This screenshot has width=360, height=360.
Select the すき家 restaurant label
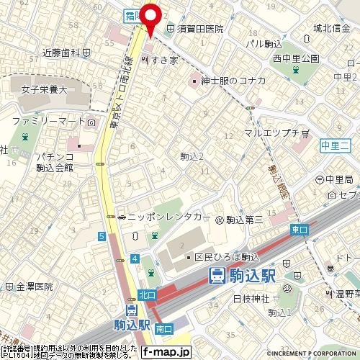(163, 60)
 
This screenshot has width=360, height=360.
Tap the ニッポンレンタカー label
(168, 217)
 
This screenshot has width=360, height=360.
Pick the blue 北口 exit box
(147, 295)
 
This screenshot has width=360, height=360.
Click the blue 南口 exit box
(163, 328)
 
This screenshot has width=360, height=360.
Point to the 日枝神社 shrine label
(250, 298)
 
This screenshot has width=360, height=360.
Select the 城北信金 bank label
(332, 29)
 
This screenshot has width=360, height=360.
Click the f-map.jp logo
(166, 352)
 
